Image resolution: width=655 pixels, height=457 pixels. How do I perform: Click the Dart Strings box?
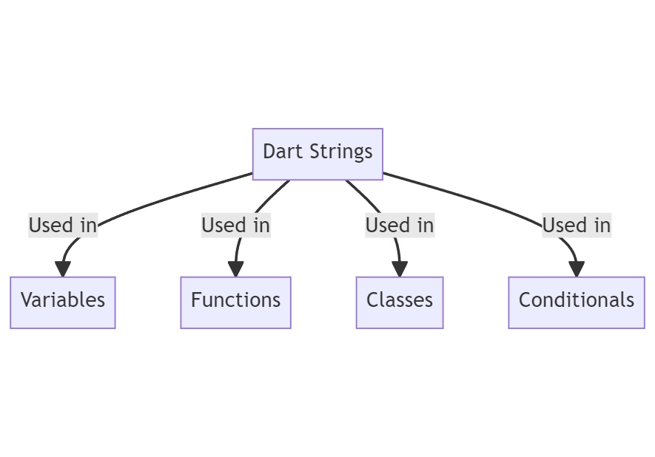click(x=318, y=154)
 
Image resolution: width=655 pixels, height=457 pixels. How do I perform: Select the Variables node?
click(x=63, y=302)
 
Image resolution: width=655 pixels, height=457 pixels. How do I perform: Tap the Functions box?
click(x=235, y=302)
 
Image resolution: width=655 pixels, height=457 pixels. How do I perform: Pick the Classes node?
click(x=400, y=302)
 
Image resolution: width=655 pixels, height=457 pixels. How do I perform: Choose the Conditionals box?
click(x=576, y=302)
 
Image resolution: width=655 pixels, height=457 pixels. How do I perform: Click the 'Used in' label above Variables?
click(x=63, y=225)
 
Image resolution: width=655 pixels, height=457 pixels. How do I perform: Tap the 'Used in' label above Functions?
click(x=235, y=225)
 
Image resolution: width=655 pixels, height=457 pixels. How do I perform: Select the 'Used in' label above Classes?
click(x=400, y=225)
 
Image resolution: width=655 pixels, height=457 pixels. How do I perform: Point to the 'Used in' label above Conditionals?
click(x=577, y=225)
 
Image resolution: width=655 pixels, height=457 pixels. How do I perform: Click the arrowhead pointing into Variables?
click(x=63, y=269)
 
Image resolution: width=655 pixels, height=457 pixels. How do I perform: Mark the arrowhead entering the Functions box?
click(x=235, y=269)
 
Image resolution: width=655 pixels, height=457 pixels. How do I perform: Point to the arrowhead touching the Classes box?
click(x=400, y=269)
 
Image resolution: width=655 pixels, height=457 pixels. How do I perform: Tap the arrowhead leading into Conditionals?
click(x=577, y=269)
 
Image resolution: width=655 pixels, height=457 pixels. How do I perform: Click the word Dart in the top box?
click(x=278, y=152)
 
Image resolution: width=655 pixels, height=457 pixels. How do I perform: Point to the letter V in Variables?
click(x=26, y=300)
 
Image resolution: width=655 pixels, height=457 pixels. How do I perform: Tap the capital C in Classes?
click(x=372, y=300)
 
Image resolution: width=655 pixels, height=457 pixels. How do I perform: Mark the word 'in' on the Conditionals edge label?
click(x=602, y=225)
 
